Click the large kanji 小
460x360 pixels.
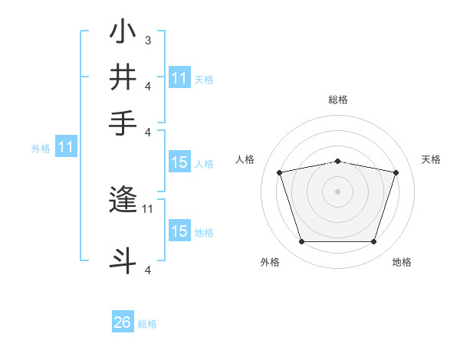[x=123, y=34]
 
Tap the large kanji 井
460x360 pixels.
[x=123, y=78]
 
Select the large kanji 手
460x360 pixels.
[x=123, y=123]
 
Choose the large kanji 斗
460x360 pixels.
[x=123, y=258]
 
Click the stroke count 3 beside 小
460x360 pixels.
[x=147, y=39]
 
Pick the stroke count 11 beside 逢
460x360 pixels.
[x=148, y=208]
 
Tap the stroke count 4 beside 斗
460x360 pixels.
[x=147, y=270]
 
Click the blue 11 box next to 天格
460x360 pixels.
[x=179, y=78]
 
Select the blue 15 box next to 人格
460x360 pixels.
[x=179, y=162]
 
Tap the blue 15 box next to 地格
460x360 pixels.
[x=179, y=231]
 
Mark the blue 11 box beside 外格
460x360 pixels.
[x=65, y=148]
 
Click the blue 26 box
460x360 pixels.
[x=122, y=322]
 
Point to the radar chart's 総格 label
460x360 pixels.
[x=337, y=100]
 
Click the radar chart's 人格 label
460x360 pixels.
[x=245, y=159]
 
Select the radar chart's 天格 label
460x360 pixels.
[x=431, y=159]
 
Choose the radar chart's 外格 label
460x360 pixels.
[x=270, y=262]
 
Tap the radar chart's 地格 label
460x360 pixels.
[x=402, y=262]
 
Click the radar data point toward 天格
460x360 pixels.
[x=396, y=172]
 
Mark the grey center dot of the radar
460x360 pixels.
[x=337, y=191]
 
